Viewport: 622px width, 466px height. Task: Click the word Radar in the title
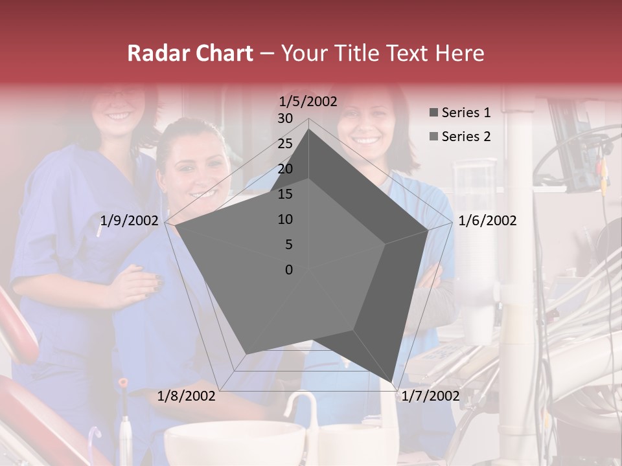click(156, 53)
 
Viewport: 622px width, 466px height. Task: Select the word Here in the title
click(459, 53)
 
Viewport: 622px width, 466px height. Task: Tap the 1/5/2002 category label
click(308, 101)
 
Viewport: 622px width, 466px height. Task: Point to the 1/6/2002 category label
click(487, 221)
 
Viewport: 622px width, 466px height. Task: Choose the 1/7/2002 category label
click(430, 396)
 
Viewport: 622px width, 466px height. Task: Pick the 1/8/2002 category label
click(187, 396)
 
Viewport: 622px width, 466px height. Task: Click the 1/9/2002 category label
click(129, 221)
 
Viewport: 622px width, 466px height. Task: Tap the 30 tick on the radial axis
click(285, 118)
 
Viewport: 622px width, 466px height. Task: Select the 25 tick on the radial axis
click(285, 144)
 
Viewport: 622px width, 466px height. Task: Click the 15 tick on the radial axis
click(285, 194)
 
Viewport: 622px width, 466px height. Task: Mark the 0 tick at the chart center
click(289, 270)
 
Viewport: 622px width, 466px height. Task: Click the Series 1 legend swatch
click(433, 113)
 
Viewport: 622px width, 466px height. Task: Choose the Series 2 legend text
click(466, 137)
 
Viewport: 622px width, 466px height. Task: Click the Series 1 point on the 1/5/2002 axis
click(309, 129)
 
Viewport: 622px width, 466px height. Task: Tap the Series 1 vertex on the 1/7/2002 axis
click(393, 383)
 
